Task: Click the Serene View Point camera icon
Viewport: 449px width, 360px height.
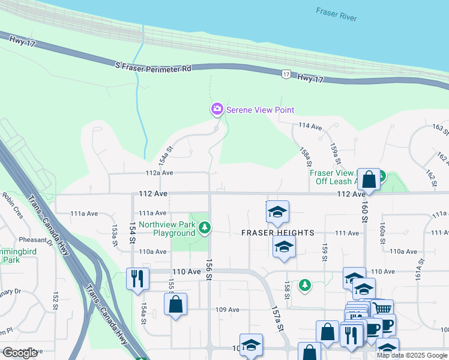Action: [x=216, y=109]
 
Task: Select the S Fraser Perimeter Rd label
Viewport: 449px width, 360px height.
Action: [x=152, y=66]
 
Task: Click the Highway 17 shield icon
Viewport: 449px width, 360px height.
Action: [x=286, y=73]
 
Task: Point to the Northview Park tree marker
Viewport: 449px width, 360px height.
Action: [x=205, y=227]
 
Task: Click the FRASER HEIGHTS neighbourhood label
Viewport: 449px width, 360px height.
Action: [x=278, y=233]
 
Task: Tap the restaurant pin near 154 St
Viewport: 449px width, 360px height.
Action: [x=137, y=278]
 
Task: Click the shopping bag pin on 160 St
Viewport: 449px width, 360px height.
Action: [x=369, y=179]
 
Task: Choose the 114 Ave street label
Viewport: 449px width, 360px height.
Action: [x=311, y=126]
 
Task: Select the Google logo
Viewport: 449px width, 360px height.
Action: [x=20, y=353]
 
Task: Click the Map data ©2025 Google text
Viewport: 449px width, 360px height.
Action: [x=412, y=355]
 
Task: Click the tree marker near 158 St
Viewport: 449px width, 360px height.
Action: [x=305, y=284]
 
